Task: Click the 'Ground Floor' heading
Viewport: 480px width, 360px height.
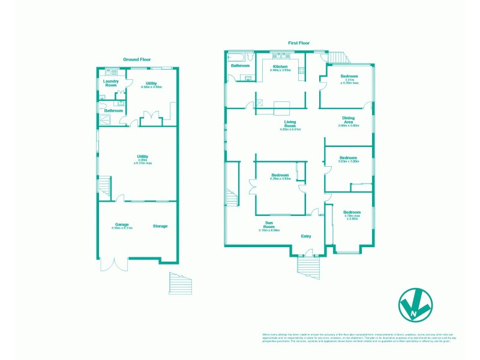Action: [137, 59]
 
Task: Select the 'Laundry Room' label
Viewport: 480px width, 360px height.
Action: [110, 83]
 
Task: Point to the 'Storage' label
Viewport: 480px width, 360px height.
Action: [160, 226]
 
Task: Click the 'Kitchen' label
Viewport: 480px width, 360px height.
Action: [280, 67]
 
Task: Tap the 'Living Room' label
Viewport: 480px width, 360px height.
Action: [290, 124]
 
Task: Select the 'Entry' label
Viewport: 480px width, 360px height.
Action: [306, 236]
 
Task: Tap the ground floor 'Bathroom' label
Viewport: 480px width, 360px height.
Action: [113, 110]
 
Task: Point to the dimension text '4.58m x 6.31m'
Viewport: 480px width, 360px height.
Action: [122, 229]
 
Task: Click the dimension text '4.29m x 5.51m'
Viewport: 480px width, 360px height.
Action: [290, 130]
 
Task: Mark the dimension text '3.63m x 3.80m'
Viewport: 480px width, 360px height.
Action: [349, 161]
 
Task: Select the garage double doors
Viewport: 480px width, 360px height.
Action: [115, 265]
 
